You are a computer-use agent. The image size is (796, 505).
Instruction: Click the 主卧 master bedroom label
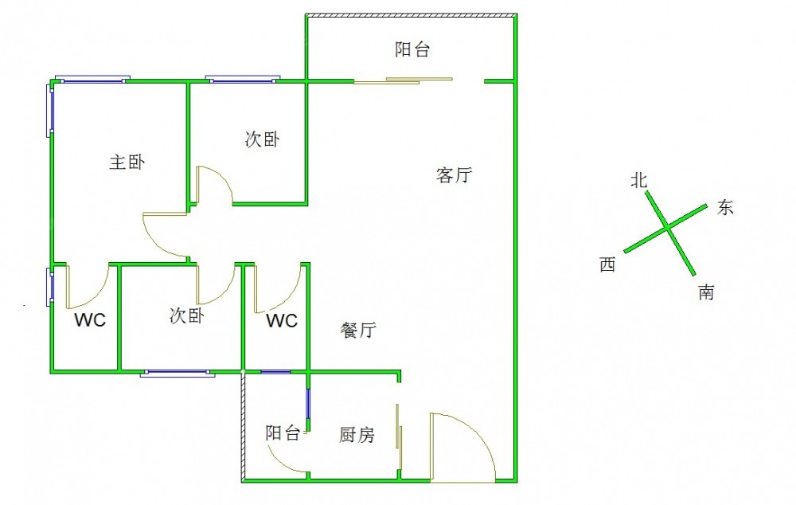point(127,162)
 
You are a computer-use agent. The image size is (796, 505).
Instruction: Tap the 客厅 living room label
point(454,174)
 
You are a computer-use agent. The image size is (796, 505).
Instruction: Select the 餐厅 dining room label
point(358,330)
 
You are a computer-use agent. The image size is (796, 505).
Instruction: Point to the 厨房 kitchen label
point(357,434)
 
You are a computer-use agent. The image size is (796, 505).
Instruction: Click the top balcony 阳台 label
point(412,49)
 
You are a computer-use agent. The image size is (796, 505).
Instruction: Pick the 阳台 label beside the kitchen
point(283,433)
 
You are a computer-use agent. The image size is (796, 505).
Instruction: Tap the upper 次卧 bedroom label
point(262,139)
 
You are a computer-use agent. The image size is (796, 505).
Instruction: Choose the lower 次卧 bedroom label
point(187,315)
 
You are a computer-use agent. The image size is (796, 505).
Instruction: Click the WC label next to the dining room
point(282,320)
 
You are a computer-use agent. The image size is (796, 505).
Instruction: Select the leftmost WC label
point(90,320)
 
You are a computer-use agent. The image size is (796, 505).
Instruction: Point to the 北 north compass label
point(638,180)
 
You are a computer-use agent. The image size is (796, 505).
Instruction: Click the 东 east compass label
point(725,207)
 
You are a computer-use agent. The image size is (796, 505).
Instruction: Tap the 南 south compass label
point(706,292)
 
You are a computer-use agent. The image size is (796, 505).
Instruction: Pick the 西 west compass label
point(607,264)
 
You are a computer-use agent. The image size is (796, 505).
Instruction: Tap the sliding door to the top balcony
point(403,80)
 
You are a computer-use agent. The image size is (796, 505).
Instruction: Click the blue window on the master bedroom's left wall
point(50,110)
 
